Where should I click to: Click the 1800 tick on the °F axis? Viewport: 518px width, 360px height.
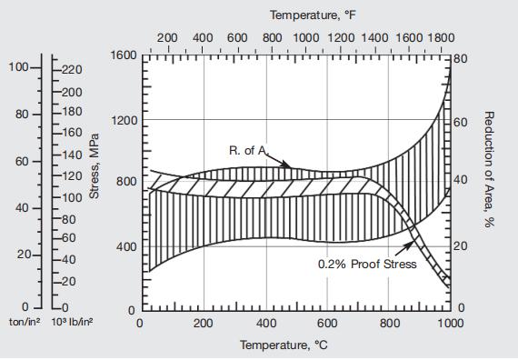[x=439, y=38]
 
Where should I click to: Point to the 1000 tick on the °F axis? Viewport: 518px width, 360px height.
[x=305, y=38]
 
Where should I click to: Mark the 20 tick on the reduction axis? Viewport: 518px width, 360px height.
[x=461, y=245]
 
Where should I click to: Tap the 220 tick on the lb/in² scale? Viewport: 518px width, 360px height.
[x=72, y=70]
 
